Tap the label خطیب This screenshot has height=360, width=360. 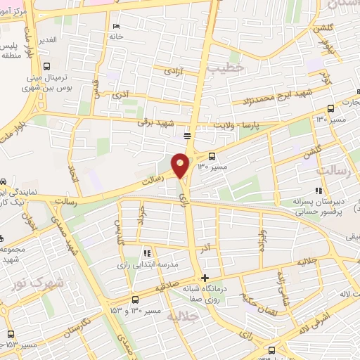pos(225,67)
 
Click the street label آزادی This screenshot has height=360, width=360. pos(173,71)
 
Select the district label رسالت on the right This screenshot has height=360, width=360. pos(333,171)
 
